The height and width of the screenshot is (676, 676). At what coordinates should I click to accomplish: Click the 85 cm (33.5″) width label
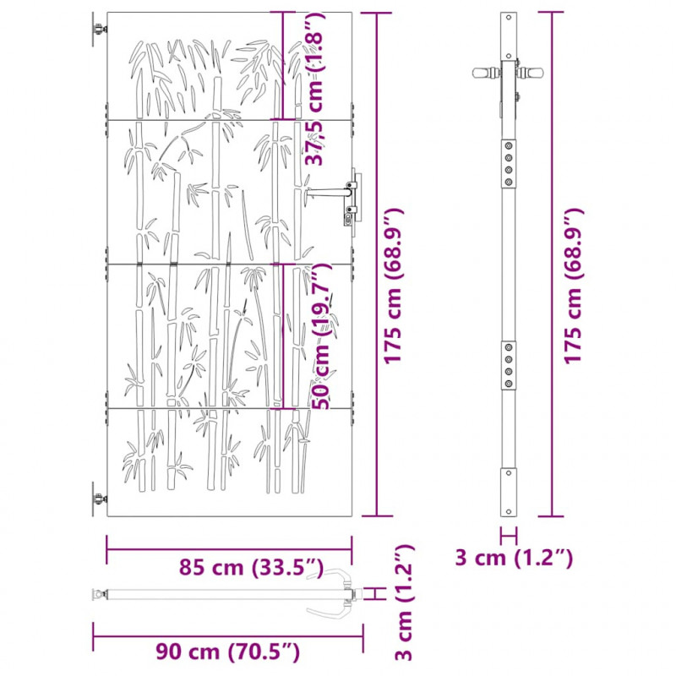coord(251,567)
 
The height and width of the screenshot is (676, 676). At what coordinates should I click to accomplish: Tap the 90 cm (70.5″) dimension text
coord(227,651)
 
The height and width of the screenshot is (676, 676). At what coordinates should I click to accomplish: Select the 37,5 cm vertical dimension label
coord(314,90)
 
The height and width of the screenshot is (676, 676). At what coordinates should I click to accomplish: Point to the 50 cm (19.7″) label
coord(322,336)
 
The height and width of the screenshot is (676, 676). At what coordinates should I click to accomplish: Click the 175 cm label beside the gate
coord(394,286)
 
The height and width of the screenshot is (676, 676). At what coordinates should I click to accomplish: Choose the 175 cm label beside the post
coord(574,286)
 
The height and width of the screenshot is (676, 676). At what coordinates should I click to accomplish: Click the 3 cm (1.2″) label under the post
coord(514,558)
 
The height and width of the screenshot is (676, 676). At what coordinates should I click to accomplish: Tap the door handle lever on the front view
coord(327,193)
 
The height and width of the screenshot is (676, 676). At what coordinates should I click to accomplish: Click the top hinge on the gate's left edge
coord(99,30)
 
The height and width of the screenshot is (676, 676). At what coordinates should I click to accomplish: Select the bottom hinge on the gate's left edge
coord(99,499)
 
